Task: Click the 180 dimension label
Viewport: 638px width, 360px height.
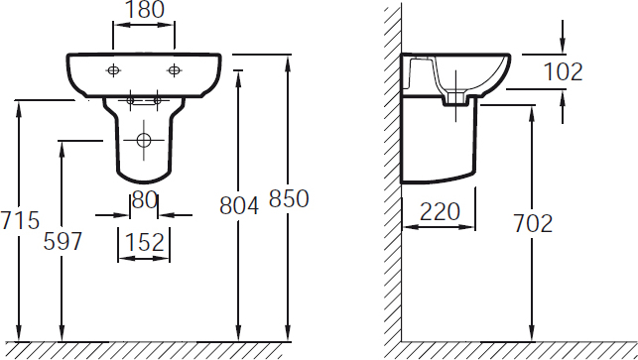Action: click(145, 10)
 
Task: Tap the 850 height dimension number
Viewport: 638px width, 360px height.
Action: click(289, 199)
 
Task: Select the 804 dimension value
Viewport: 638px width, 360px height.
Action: click(239, 205)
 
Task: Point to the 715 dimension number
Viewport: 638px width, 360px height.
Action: click(20, 220)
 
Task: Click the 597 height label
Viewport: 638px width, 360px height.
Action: click(63, 241)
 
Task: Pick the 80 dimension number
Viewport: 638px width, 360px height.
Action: click(145, 200)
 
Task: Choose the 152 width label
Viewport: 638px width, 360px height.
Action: click(145, 242)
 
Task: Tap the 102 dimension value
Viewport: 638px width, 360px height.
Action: click(563, 71)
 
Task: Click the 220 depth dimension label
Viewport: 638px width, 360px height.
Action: click(440, 211)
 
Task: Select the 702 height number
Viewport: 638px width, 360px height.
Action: click(533, 223)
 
